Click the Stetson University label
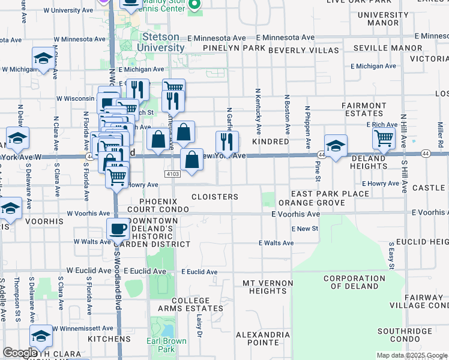tap(164, 42)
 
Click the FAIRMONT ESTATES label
tap(364, 109)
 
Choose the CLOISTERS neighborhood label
tap(214, 197)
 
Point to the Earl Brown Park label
tap(166, 345)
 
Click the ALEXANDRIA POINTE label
tap(263, 339)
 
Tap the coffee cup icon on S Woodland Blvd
tap(118, 228)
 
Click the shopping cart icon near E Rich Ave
tap(384, 138)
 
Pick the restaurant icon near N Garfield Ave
tap(227, 142)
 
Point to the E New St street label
tap(305, 229)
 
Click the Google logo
tap(20, 353)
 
